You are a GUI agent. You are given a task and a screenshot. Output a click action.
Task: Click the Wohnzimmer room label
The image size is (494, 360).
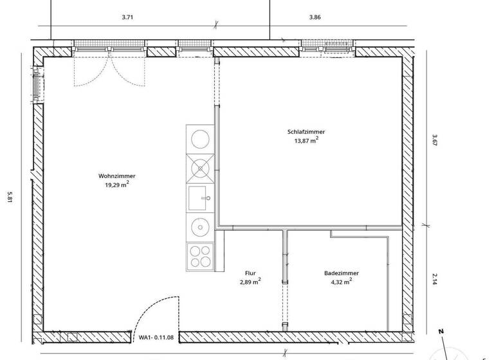pyautogui.click(x=116, y=176)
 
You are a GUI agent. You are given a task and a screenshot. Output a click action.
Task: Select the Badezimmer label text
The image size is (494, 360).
pyautogui.click(x=342, y=273)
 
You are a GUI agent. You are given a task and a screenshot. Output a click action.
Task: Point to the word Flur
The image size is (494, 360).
pyautogui.click(x=251, y=273)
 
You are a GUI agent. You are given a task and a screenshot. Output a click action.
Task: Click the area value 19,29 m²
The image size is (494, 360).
pyautogui.click(x=116, y=184)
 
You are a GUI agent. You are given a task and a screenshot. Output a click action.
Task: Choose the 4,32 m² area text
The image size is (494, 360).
pyautogui.click(x=342, y=282)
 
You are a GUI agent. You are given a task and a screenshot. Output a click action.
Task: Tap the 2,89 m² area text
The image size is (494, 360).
pyautogui.click(x=250, y=282)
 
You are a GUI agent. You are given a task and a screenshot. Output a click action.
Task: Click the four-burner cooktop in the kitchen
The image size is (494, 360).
pyautogui.click(x=199, y=256)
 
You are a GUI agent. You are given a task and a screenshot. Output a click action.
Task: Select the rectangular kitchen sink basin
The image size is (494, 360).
pyautogui.click(x=199, y=197)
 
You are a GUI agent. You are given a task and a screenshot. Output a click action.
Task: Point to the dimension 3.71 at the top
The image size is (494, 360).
pyautogui.click(x=127, y=17)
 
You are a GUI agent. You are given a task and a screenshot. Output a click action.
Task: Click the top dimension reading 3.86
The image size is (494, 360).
pyautogui.click(x=315, y=17)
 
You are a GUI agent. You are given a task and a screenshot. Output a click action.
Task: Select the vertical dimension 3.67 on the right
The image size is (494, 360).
pyautogui.click(x=434, y=140)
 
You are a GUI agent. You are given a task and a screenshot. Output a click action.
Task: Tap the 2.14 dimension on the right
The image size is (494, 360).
pyautogui.click(x=434, y=280)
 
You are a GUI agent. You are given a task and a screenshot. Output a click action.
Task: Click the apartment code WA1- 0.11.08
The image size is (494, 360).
pyautogui.click(x=155, y=336)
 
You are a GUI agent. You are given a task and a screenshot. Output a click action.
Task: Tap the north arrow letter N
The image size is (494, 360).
pyautogui.click(x=442, y=332)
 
